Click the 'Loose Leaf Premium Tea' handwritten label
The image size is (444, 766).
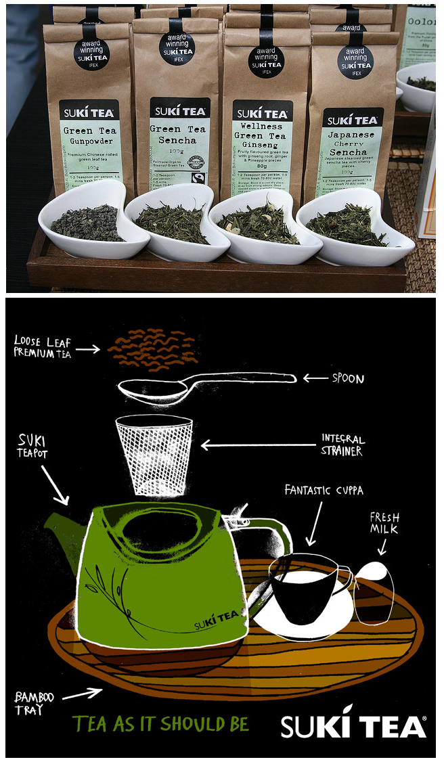click(42, 347)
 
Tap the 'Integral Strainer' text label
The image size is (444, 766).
click(342, 445)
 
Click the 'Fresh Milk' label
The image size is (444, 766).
click(384, 523)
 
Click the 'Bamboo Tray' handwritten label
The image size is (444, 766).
click(33, 702)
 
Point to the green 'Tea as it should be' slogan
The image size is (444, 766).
click(160, 723)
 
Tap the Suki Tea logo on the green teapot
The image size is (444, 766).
click(215, 618)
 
